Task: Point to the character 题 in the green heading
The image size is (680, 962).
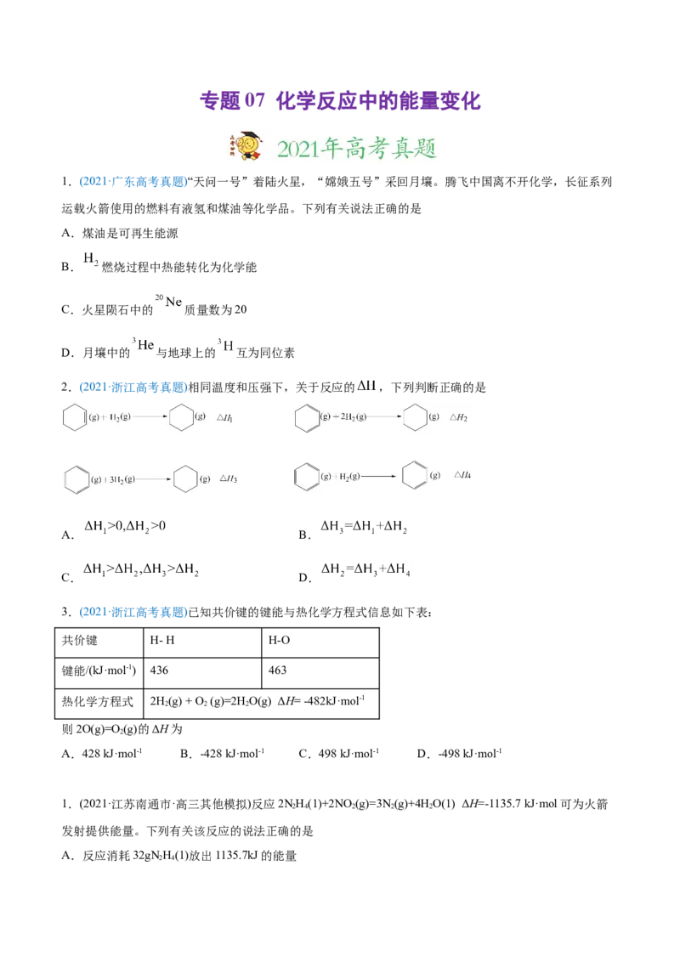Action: point(424,149)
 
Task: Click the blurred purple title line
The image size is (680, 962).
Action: point(340,102)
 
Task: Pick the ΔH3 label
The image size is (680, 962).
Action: point(228,478)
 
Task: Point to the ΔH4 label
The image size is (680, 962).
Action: point(462,475)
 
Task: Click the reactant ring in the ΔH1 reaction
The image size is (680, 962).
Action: point(75,417)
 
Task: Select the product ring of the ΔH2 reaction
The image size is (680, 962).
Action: point(415,417)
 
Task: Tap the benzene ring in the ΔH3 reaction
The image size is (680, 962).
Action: point(76,478)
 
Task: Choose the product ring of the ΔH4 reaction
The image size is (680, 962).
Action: point(415,475)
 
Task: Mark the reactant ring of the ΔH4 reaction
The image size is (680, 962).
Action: point(306,475)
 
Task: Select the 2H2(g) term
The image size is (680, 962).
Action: point(349,417)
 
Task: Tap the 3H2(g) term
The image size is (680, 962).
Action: point(117,478)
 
